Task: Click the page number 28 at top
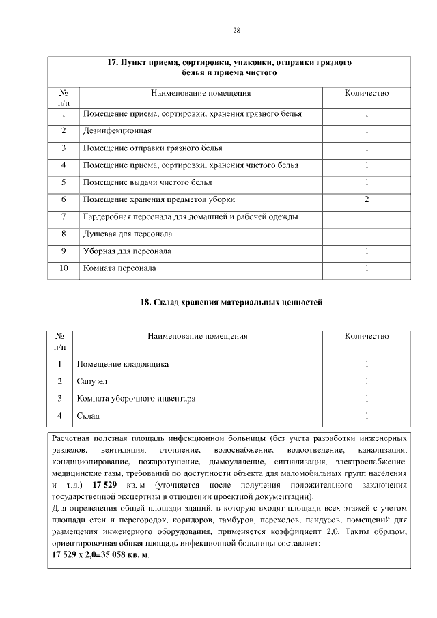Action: coord(237,30)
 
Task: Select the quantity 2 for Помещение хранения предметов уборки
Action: coord(367,199)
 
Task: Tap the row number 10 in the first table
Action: coord(64,268)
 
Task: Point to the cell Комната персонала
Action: coord(119,268)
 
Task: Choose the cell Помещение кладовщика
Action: coord(123,364)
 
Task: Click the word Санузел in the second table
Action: coord(92,381)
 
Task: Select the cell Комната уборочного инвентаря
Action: coord(136,398)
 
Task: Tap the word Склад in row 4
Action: coord(88,415)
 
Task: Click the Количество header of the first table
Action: coord(367,92)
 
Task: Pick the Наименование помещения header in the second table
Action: coord(197,336)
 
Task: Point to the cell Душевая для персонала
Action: coord(127,234)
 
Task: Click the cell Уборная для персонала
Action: coord(127,251)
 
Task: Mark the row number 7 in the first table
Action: coord(64,216)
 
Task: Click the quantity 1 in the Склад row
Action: coord(367,415)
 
